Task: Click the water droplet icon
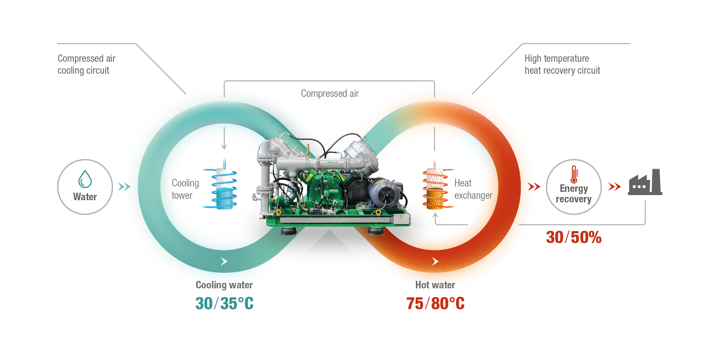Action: pyautogui.click(x=85, y=179)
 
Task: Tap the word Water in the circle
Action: pyautogui.click(x=85, y=197)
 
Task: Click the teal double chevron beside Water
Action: pyautogui.click(x=124, y=187)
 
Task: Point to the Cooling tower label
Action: pyautogui.click(x=185, y=189)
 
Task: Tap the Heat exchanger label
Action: pyautogui.click(x=473, y=189)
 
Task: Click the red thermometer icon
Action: pyautogui.click(x=574, y=174)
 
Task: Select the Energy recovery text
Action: pyautogui.click(x=574, y=194)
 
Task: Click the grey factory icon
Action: pyautogui.click(x=645, y=182)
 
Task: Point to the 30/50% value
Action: pyautogui.click(x=574, y=237)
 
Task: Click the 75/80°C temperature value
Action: pyautogui.click(x=435, y=303)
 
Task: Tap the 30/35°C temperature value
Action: pyautogui.click(x=224, y=303)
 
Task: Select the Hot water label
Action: pyautogui.click(x=435, y=285)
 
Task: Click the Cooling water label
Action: pyautogui.click(x=224, y=285)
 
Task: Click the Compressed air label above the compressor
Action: pyautogui.click(x=330, y=94)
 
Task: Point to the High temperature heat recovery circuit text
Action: pyautogui.click(x=562, y=64)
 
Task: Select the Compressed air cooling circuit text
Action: pyautogui.click(x=86, y=64)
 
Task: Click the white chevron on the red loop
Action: pyautogui.click(x=435, y=261)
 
